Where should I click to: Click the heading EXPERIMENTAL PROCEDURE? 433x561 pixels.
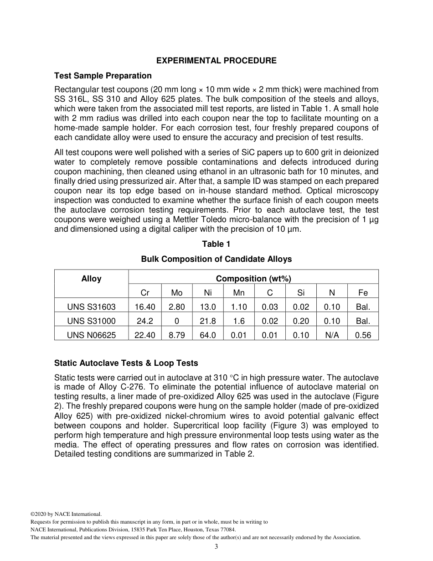tap(216, 60)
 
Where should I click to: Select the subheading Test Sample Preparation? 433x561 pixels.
tap(103, 75)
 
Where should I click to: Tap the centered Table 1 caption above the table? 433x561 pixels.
tap(216, 244)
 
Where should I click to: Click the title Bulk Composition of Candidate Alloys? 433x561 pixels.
tap(216, 259)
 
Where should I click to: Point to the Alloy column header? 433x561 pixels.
tap(91, 279)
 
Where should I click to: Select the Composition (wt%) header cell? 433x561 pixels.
tap(253, 279)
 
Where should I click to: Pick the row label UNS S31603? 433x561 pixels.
tap(91, 307)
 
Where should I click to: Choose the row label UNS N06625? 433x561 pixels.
tap(91, 335)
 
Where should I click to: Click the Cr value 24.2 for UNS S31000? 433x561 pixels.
tap(145, 321)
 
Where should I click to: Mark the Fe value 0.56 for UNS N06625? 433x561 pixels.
tap(363, 335)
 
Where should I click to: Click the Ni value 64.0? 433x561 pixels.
tap(208, 335)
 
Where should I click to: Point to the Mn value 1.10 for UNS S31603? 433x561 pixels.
tap(239, 307)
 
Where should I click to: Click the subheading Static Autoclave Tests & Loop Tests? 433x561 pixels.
tap(126, 363)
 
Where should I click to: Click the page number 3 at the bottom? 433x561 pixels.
tap(216, 546)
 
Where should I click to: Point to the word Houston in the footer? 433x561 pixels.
tap(191, 530)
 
